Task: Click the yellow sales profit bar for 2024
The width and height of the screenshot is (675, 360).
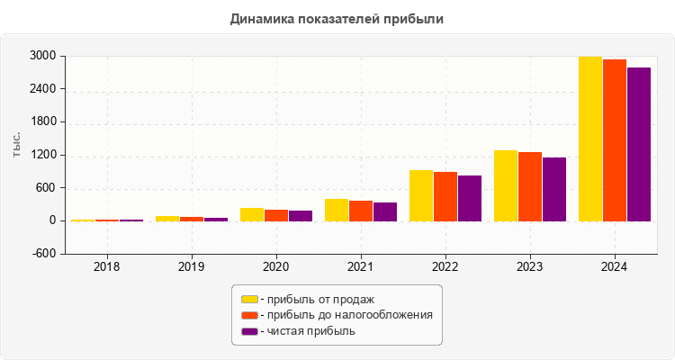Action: [x=590, y=139]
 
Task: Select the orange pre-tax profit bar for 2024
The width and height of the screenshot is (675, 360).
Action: [x=615, y=140]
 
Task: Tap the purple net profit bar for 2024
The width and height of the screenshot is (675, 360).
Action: [x=639, y=144]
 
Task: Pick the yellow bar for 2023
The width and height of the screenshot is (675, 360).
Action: [x=506, y=185]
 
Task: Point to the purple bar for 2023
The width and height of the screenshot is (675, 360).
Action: [x=554, y=189]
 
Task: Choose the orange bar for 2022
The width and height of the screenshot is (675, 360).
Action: [x=445, y=196]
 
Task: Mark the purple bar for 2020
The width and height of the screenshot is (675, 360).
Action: [x=301, y=216]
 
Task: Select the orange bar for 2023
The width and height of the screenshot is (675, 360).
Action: [x=530, y=186]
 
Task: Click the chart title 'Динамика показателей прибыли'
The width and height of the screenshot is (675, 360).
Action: [x=337, y=18]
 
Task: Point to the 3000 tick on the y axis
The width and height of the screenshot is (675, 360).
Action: [x=45, y=56]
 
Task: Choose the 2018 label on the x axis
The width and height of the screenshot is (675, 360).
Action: [x=107, y=267]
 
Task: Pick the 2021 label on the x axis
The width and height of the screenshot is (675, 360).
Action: [x=361, y=267]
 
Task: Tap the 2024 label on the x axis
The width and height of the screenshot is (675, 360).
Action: [x=615, y=267]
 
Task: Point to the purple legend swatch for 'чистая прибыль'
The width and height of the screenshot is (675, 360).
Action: [x=249, y=331]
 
